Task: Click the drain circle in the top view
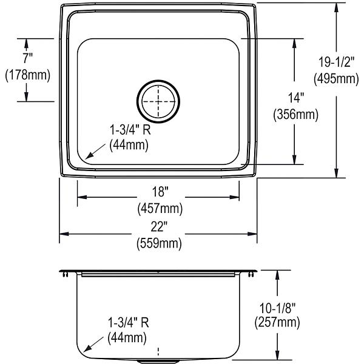point(158,80)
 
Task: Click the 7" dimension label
point(27,58)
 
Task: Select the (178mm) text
point(28,75)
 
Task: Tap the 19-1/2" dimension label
point(336,62)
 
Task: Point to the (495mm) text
point(336,79)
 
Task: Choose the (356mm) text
point(296,115)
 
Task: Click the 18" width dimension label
point(160,192)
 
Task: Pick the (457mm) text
point(160,209)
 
